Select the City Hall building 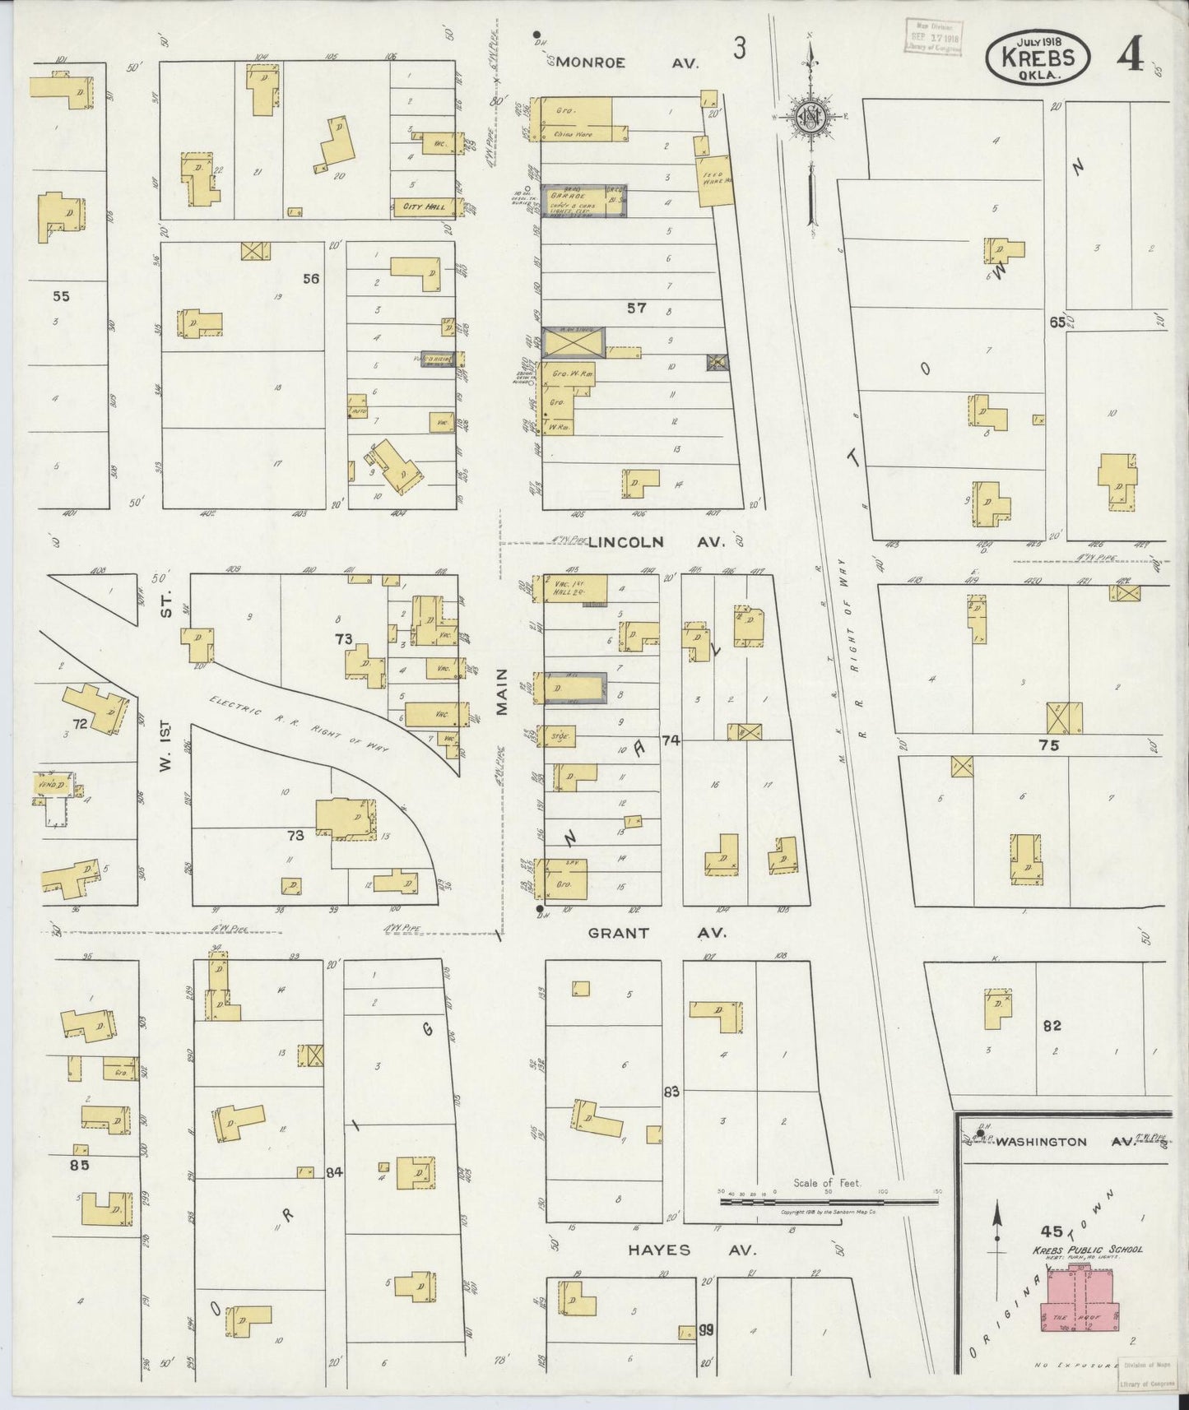(x=425, y=206)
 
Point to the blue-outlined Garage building (x=584, y=201)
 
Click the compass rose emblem (x=810, y=116)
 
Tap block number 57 (x=636, y=308)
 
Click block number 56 (x=310, y=279)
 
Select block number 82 (x=1052, y=1026)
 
